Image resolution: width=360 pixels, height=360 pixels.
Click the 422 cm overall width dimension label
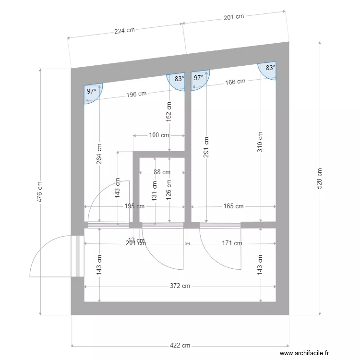180,346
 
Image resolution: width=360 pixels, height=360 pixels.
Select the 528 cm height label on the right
320,178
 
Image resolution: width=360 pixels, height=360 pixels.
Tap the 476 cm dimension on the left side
40,192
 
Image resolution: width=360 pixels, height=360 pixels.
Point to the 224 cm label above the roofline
124,30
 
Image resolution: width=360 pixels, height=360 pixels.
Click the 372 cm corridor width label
180,286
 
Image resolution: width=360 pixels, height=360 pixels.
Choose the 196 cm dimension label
136,94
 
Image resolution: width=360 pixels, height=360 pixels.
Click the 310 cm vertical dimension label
260,142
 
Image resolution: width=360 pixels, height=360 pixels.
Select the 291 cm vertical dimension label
206,148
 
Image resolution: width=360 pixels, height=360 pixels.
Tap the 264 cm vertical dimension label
99,154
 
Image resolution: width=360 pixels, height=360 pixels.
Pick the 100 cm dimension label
159,135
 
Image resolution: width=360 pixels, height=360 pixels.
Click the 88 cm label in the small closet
162,172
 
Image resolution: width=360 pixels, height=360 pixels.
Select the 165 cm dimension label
233,206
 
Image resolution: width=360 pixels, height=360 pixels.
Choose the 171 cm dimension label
232,243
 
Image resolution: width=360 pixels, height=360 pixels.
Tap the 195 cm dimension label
134,206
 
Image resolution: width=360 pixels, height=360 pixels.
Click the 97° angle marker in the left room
91,91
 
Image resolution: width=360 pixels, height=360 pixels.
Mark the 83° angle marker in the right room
270,68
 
